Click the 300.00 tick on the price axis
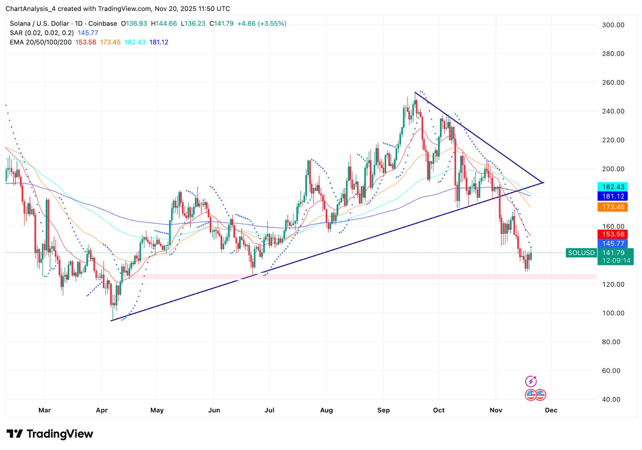pyautogui.click(x=613, y=25)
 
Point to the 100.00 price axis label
pyautogui.click(x=613, y=313)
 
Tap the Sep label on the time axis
pyautogui.click(x=383, y=410)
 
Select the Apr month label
pyautogui.click(x=102, y=410)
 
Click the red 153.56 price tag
pyautogui.click(x=613, y=234)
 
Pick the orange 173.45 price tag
pyautogui.click(x=613, y=207)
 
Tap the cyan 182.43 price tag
pyautogui.click(x=613, y=187)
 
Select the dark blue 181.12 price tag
pyautogui.click(x=613, y=196)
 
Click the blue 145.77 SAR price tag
pyautogui.click(x=613, y=244)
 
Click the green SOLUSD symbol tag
pyautogui.click(x=581, y=253)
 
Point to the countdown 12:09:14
pyautogui.click(x=616, y=261)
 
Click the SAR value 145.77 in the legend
pyautogui.click(x=88, y=33)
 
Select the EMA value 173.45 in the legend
pyautogui.click(x=110, y=42)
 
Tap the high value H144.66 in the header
pyautogui.click(x=164, y=24)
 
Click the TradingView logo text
pyautogui.click(x=60, y=434)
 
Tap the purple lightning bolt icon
pyautogui.click(x=531, y=381)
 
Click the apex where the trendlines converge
pyautogui.click(x=543, y=183)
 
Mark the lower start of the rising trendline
pyautogui.click(x=111, y=320)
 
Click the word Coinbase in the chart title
pyautogui.click(x=103, y=24)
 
